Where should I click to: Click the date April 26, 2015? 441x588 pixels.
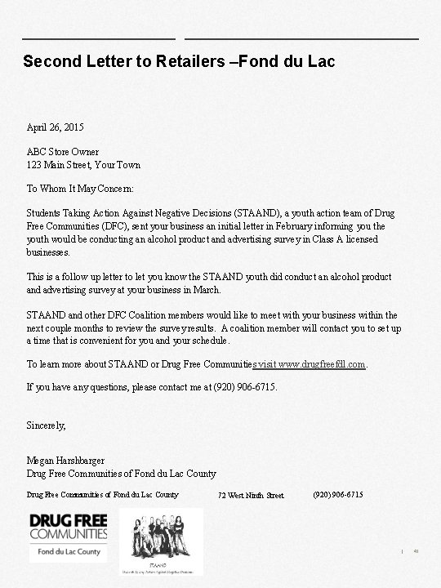click(55, 127)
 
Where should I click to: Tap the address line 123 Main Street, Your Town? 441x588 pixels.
click(83, 164)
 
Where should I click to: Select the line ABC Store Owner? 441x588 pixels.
click(63, 152)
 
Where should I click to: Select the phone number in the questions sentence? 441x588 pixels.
click(244, 386)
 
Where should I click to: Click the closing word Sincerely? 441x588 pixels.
click(46, 425)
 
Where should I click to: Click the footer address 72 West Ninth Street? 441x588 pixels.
click(252, 496)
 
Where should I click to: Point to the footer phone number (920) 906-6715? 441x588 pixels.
click(338, 495)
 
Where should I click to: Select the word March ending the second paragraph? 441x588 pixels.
click(207, 289)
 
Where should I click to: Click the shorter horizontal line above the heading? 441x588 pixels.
click(98, 38)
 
